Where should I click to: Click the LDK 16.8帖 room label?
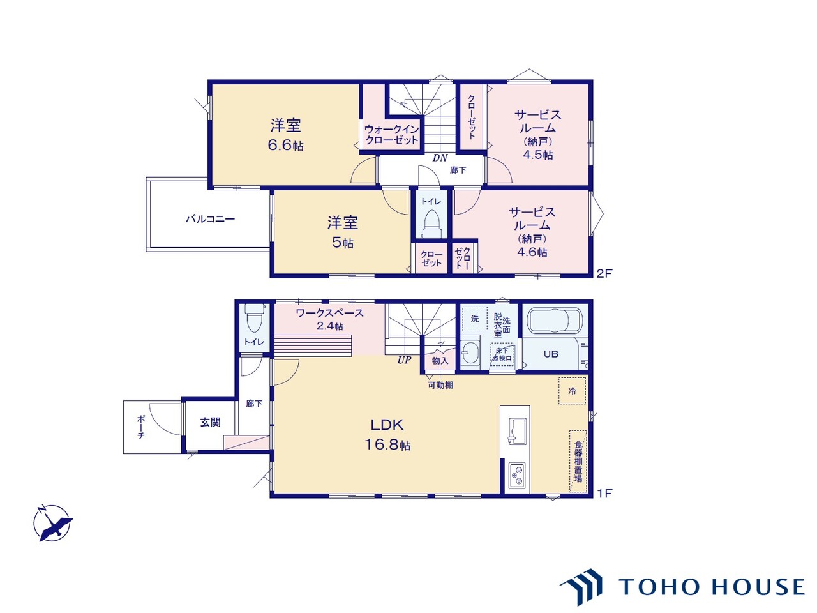click(387, 434)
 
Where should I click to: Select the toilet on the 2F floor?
click(431, 221)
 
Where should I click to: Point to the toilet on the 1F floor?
click(254, 320)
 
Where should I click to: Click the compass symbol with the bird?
click(52, 523)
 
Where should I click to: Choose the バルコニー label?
click(210, 219)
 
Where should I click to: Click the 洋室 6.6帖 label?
click(285, 135)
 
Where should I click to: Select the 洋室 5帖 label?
click(342, 232)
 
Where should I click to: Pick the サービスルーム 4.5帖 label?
click(537, 134)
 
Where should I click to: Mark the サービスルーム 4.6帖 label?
click(532, 232)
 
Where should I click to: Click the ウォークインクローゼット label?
click(391, 135)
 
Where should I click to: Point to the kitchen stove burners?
click(516, 474)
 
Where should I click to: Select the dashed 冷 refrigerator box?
click(572, 391)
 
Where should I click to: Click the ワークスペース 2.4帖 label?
click(329, 319)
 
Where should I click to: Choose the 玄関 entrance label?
click(210, 422)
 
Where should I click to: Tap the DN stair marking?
click(440, 158)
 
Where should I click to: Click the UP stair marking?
click(404, 360)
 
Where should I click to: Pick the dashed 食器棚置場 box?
click(578, 461)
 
